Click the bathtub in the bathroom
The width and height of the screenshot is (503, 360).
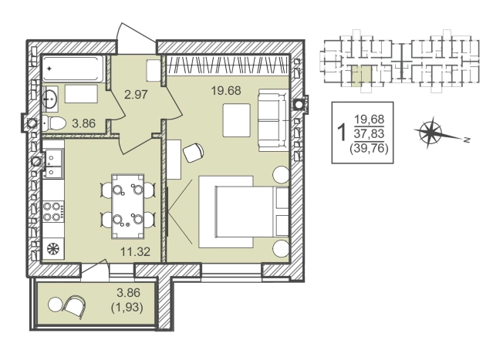click(x=73, y=69)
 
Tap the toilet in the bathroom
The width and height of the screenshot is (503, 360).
click(x=54, y=123)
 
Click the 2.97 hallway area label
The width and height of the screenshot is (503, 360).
click(x=137, y=95)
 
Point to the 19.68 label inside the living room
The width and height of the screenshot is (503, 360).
click(x=226, y=90)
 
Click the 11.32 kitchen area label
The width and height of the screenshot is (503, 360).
click(x=135, y=251)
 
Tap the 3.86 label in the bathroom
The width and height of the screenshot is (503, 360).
click(x=84, y=123)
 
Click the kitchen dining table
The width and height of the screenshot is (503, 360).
click(x=127, y=207)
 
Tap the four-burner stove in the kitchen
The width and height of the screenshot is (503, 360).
click(x=53, y=211)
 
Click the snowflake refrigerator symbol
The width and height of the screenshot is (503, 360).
click(x=52, y=249)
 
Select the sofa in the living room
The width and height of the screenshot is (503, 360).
click(x=273, y=120)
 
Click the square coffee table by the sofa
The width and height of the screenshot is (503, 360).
click(x=236, y=120)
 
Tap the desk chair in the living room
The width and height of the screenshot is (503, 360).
click(x=193, y=153)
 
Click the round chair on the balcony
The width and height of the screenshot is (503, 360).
click(x=76, y=306)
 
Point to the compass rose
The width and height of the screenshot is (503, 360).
click(x=430, y=133)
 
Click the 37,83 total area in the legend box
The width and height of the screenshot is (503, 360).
click(x=369, y=133)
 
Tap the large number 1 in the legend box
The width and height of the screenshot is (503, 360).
click(x=342, y=133)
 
